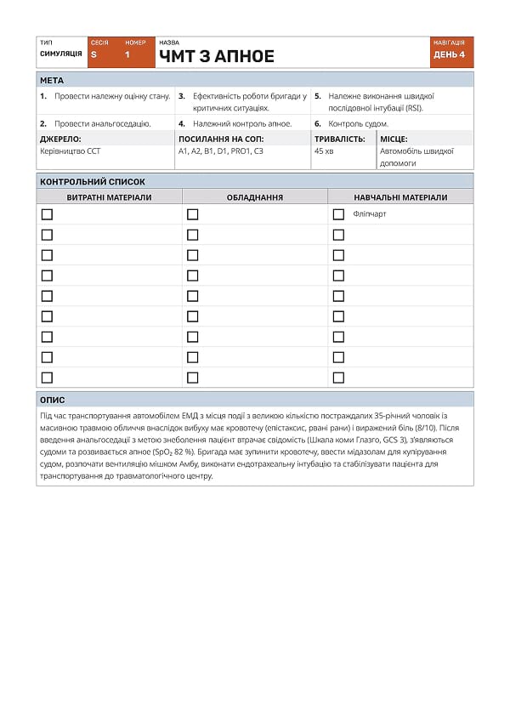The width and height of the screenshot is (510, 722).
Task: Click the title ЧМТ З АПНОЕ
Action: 217,57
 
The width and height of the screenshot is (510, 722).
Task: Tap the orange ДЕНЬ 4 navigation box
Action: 450,54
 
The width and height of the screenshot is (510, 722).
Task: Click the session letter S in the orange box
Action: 93,54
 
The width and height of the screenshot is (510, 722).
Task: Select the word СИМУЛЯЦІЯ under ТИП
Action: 61,54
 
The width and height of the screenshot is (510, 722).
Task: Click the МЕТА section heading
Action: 52,81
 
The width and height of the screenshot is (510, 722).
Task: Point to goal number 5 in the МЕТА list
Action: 318,96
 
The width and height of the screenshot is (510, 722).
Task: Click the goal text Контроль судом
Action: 358,123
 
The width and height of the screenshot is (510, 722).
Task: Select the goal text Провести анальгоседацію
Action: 102,123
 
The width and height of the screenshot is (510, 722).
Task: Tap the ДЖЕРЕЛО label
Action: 60,139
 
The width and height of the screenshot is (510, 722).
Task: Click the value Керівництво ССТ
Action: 70,151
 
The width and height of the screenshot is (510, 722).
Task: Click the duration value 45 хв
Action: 324,151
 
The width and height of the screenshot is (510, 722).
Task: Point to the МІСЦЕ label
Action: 394,139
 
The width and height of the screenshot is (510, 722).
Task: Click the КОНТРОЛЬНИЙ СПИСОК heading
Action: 93,182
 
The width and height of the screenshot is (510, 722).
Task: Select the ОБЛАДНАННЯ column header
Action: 255,197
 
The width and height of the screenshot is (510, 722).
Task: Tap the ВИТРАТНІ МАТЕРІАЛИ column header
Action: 110,197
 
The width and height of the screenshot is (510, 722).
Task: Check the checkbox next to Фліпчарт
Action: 338,214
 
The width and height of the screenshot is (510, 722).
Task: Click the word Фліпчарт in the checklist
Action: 370,214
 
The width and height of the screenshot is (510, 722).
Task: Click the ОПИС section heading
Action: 53,400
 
